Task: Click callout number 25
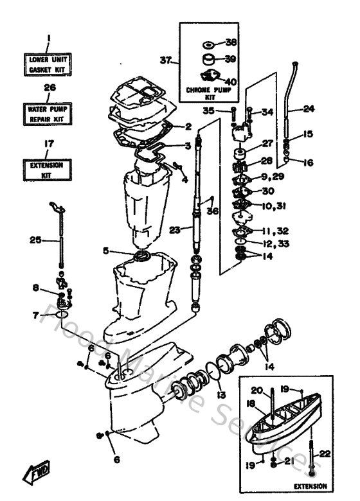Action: [35, 240]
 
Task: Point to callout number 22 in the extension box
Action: [325, 453]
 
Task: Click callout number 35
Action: [226, 110]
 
